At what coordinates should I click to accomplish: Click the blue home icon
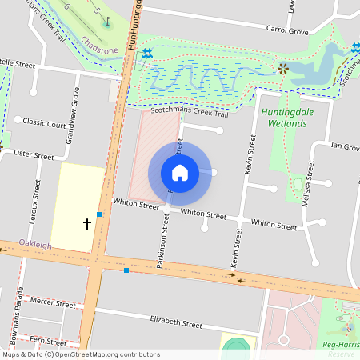[x=179, y=173]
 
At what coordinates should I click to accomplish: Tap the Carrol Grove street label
[x=287, y=31]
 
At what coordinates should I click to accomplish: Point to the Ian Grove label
[x=345, y=146]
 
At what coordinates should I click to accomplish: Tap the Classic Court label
[x=44, y=124]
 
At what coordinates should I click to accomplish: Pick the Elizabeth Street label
[x=177, y=323]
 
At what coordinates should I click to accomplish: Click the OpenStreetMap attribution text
[x=80, y=354]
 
